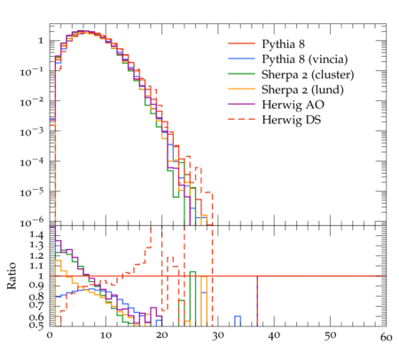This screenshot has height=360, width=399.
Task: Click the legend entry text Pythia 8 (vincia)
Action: (304, 59)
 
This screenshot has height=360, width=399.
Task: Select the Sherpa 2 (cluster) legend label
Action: (308, 74)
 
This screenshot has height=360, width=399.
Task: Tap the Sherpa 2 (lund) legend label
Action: (302, 90)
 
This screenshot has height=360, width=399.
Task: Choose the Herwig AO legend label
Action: (293, 105)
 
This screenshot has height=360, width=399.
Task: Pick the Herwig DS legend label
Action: (292, 120)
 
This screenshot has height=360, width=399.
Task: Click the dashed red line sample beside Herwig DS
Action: (241, 119)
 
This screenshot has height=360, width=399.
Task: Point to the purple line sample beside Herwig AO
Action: (241, 104)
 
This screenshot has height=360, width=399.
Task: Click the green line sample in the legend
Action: (241, 74)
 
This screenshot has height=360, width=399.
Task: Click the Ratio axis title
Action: (12, 276)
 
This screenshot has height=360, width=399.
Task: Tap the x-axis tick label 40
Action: (274, 336)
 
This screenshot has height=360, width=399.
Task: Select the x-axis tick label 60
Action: (386, 337)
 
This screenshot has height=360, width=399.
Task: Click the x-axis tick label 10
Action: (106, 336)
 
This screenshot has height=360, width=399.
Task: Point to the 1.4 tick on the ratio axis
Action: (36, 235)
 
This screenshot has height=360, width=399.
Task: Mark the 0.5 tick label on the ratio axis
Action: (36, 325)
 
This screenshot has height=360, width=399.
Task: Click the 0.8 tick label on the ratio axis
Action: (36, 296)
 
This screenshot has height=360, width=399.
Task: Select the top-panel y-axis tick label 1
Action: (41, 41)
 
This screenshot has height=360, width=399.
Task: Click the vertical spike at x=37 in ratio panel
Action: (257, 301)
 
